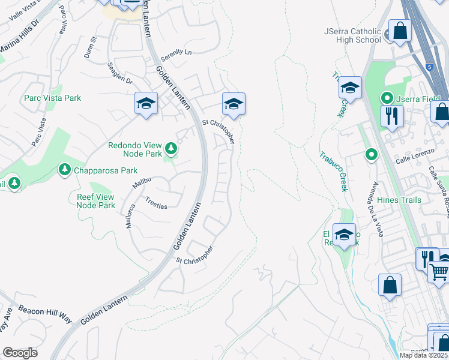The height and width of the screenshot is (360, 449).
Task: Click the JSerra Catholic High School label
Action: click(352, 35)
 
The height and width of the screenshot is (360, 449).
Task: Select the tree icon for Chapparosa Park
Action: click(64, 170)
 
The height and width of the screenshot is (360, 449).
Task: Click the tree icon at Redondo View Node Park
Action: click(171, 148)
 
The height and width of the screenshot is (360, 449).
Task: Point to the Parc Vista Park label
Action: click(52, 98)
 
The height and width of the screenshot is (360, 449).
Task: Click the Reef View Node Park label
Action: click(95, 200)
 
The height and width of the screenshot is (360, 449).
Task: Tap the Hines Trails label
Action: click(399, 200)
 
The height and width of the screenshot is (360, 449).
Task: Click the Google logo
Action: click(20, 353)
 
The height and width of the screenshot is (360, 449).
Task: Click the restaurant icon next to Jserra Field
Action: click(391, 115)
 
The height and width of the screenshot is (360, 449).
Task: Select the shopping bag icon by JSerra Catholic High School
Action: click(399, 30)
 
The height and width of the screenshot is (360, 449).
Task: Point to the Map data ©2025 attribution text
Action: click(424, 355)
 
